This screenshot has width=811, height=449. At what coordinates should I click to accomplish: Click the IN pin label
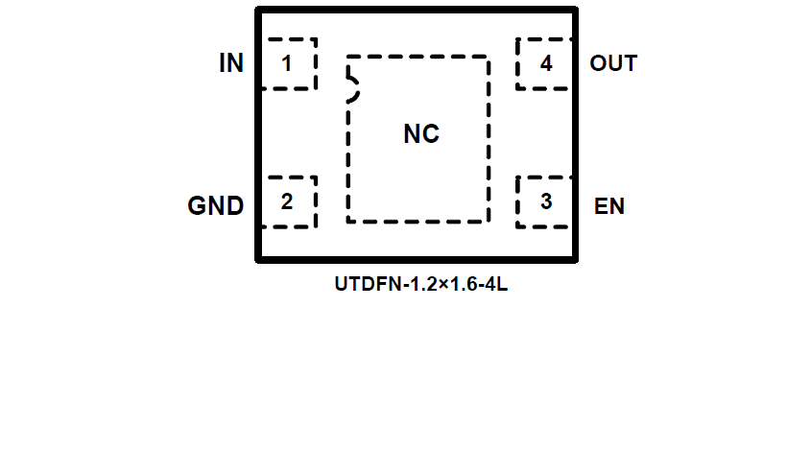point(231,64)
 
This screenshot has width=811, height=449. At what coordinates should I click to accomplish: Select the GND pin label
point(215,205)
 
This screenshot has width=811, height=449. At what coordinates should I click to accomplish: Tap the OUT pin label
point(613,64)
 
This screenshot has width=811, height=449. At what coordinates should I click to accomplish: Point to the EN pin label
point(609,205)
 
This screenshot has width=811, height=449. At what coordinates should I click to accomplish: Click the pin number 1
point(286,64)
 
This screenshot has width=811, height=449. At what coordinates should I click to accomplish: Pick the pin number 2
point(286,202)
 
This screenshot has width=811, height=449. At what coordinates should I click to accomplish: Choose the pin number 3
point(546,202)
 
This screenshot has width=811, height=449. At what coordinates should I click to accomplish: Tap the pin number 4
point(546,64)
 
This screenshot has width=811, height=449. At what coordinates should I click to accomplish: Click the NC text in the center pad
point(420,134)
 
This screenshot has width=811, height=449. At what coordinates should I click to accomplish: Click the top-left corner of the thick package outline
point(258,11)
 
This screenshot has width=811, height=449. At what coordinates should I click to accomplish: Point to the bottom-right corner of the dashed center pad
point(489,222)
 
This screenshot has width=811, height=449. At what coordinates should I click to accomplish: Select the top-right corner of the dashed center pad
point(489,57)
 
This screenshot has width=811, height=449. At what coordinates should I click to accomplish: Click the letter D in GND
point(233,205)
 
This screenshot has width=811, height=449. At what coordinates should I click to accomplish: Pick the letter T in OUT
point(630,64)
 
